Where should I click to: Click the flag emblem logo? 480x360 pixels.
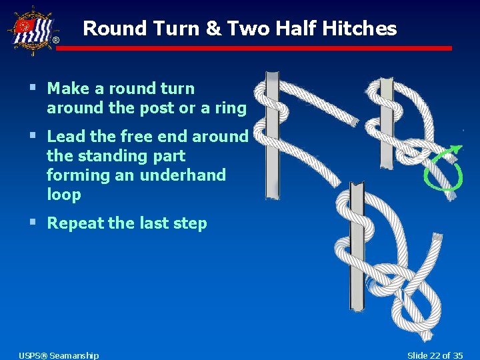coord(29,31)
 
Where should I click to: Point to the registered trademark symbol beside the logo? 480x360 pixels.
coord(55,41)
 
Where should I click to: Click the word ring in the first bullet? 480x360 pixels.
coord(231,107)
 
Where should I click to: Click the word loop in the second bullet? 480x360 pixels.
coord(64,194)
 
